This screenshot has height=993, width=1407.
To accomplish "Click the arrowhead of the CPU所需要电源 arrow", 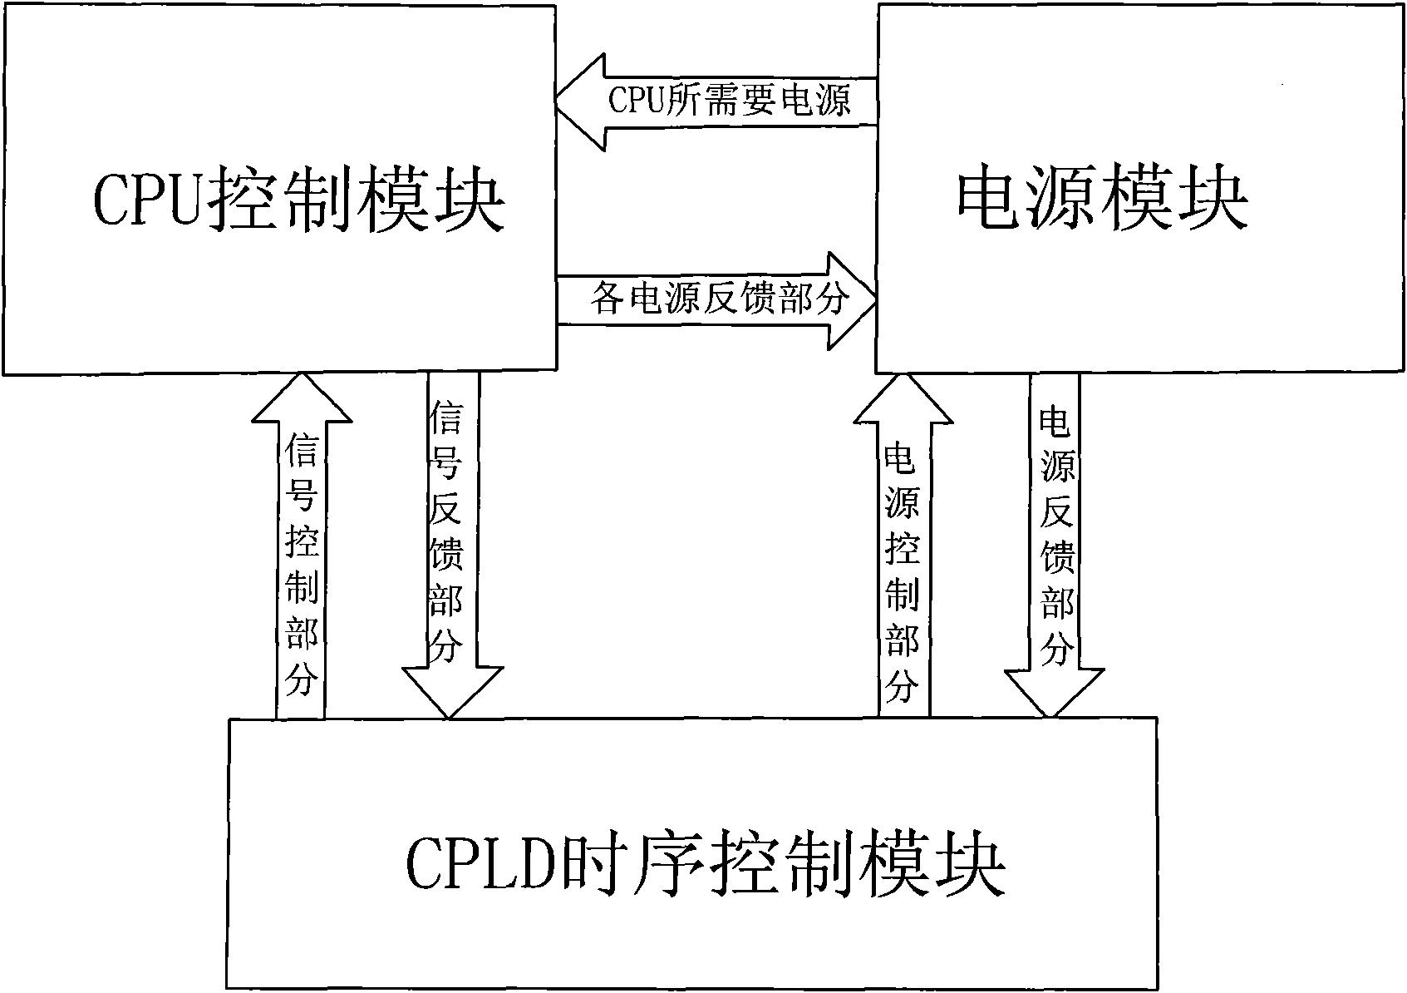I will click(x=582, y=101).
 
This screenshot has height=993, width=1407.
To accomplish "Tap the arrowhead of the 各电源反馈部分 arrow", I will click(x=852, y=299).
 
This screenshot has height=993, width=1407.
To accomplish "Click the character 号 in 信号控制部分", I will click(x=300, y=497).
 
